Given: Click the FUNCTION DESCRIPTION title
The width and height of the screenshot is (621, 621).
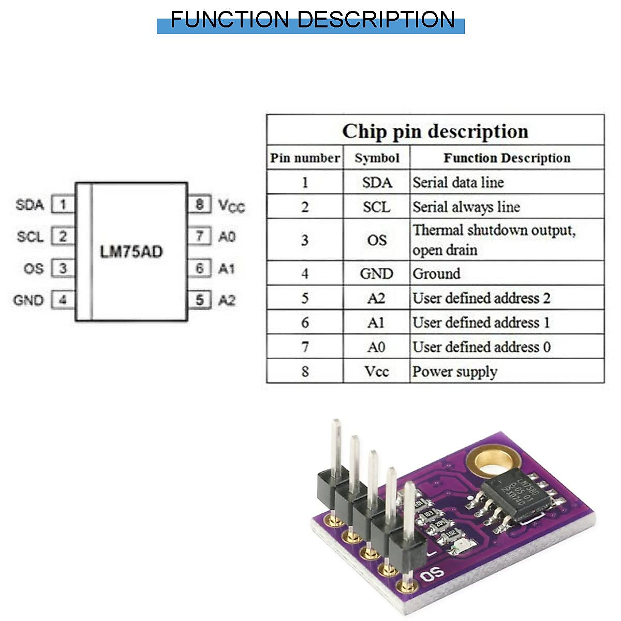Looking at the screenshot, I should (312, 20).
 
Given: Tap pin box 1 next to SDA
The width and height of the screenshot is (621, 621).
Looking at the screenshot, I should (63, 205).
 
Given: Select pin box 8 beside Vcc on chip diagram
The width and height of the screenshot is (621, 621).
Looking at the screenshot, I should (200, 204).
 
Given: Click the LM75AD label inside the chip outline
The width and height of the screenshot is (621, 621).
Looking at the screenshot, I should (131, 252).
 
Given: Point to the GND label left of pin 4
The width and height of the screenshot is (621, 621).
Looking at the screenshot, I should (28, 300).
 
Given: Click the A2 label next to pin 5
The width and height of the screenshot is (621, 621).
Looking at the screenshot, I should (227, 300).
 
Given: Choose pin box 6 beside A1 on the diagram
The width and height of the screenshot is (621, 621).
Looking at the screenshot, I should (200, 269).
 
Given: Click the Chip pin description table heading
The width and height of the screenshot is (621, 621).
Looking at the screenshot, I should (435, 131).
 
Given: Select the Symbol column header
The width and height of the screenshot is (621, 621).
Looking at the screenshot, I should (377, 158).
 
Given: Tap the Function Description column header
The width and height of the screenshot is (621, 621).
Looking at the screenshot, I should (507, 158).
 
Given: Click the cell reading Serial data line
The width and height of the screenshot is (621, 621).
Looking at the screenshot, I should (458, 183).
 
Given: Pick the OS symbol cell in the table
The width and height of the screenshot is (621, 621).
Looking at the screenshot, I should (377, 240).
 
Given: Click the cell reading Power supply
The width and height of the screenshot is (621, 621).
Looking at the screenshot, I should (454, 372).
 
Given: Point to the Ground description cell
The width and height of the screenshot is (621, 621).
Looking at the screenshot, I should (436, 274).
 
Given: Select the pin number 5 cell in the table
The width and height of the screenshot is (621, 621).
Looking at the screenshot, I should (305, 299).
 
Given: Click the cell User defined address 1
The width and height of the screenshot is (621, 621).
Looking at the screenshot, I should (481, 323).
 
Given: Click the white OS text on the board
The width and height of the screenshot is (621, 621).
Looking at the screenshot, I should (432, 574).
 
